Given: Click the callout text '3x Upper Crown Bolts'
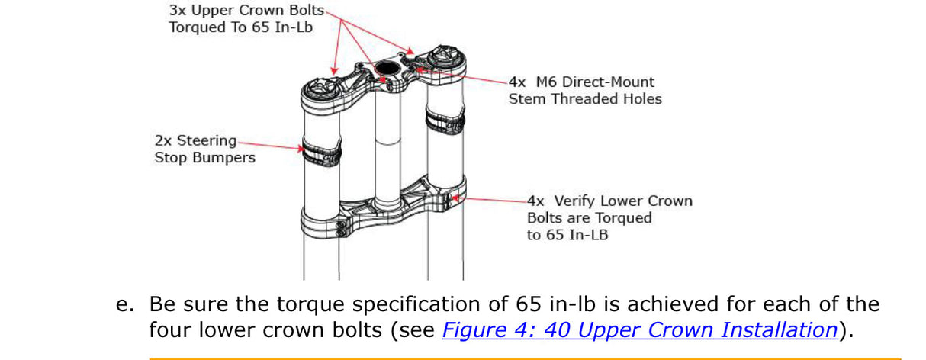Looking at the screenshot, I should (x=246, y=11).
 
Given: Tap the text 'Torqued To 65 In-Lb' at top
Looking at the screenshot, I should (x=242, y=27).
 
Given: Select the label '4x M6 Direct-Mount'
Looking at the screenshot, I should (x=581, y=82).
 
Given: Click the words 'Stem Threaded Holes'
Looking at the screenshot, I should (x=585, y=98).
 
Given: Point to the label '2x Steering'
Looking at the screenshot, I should (x=195, y=141).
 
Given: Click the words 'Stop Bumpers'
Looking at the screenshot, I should (x=204, y=158).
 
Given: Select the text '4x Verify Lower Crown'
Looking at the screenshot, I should (x=609, y=201).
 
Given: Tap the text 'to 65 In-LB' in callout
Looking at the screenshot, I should (x=567, y=235).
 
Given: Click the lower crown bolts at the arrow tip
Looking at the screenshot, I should (x=452, y=200).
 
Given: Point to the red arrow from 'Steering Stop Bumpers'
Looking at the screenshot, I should (x=271, y=143).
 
